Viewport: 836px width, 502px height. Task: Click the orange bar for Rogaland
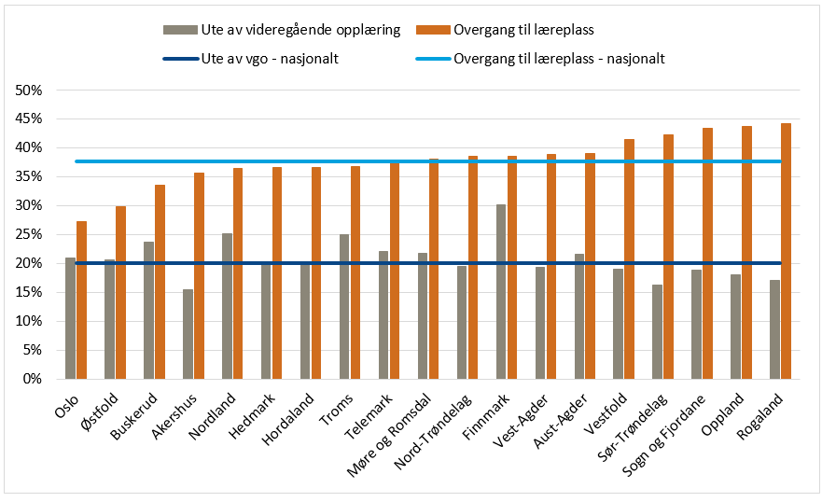click(x=786, y=251)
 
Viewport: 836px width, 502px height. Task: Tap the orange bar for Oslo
click(x=82, y=300)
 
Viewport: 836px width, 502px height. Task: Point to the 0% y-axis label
click(x=35, y=379)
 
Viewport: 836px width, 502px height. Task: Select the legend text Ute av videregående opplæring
click(x=300, y=29)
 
